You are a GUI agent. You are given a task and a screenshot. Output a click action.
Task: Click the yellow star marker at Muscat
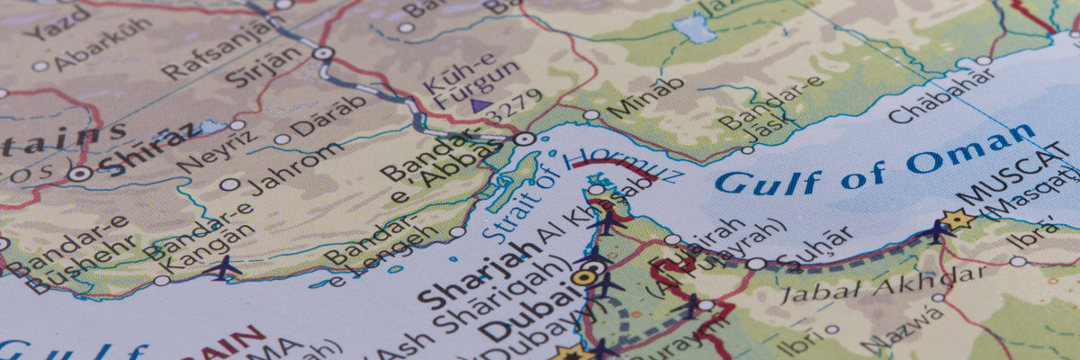click(956, 219)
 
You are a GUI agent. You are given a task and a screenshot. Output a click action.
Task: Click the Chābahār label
click(931, 99)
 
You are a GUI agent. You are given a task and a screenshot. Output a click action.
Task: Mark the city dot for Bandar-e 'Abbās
click(525, 139)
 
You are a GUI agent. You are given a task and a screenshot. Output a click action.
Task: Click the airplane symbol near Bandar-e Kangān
click(221, 267)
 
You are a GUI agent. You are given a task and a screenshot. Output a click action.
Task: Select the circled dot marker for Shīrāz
click(80, 174)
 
